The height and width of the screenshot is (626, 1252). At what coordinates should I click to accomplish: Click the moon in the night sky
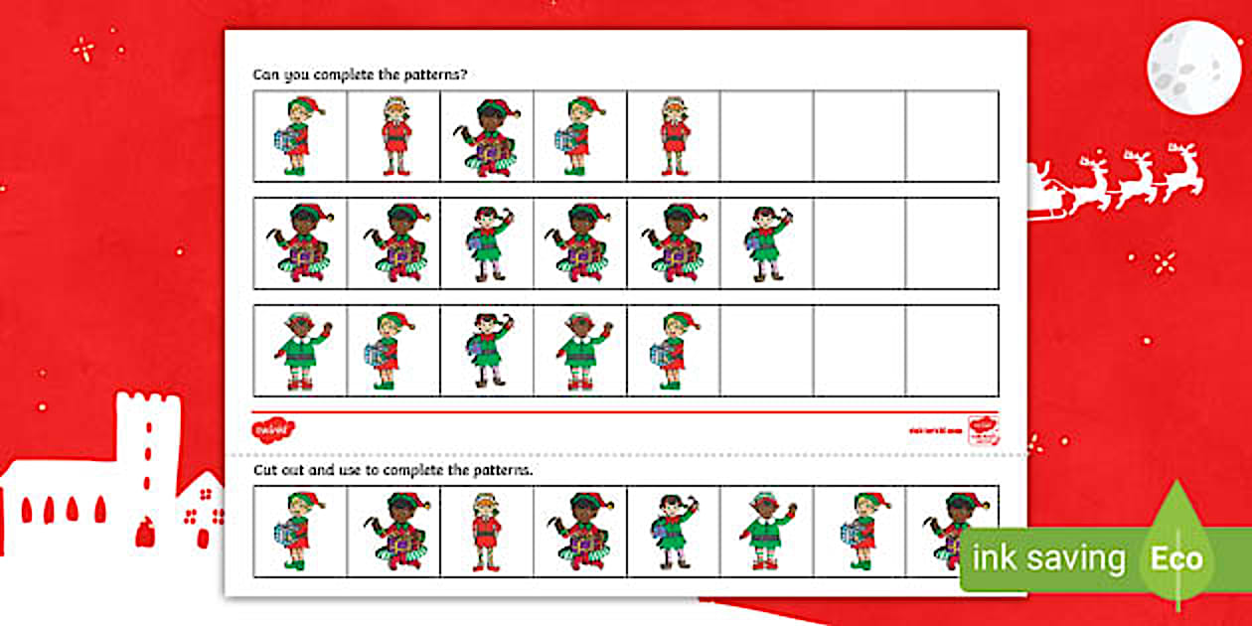(1193, 67)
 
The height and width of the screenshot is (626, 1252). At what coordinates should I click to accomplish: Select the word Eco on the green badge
(1176, 558)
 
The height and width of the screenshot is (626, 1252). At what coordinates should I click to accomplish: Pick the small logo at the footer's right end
(983, 429)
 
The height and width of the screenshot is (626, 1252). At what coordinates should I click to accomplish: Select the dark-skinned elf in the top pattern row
(486, 137)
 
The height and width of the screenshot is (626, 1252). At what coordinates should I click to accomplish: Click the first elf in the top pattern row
(299, 137)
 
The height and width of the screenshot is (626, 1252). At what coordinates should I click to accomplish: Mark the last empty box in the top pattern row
(952, 137)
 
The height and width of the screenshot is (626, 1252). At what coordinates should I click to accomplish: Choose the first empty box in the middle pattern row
(859, 243)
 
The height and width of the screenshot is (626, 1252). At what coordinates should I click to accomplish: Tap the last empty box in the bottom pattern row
(952, 351)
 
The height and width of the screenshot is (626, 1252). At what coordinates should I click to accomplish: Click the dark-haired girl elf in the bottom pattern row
(486, 351)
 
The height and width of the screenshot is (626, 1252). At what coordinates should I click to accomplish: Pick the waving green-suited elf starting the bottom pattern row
(299, 351)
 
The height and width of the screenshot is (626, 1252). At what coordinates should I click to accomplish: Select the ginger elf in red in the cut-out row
(486, 532)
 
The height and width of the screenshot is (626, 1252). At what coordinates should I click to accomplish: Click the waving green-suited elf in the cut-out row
(766, 532)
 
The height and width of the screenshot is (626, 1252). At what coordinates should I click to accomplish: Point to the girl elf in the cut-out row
(673, 532)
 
